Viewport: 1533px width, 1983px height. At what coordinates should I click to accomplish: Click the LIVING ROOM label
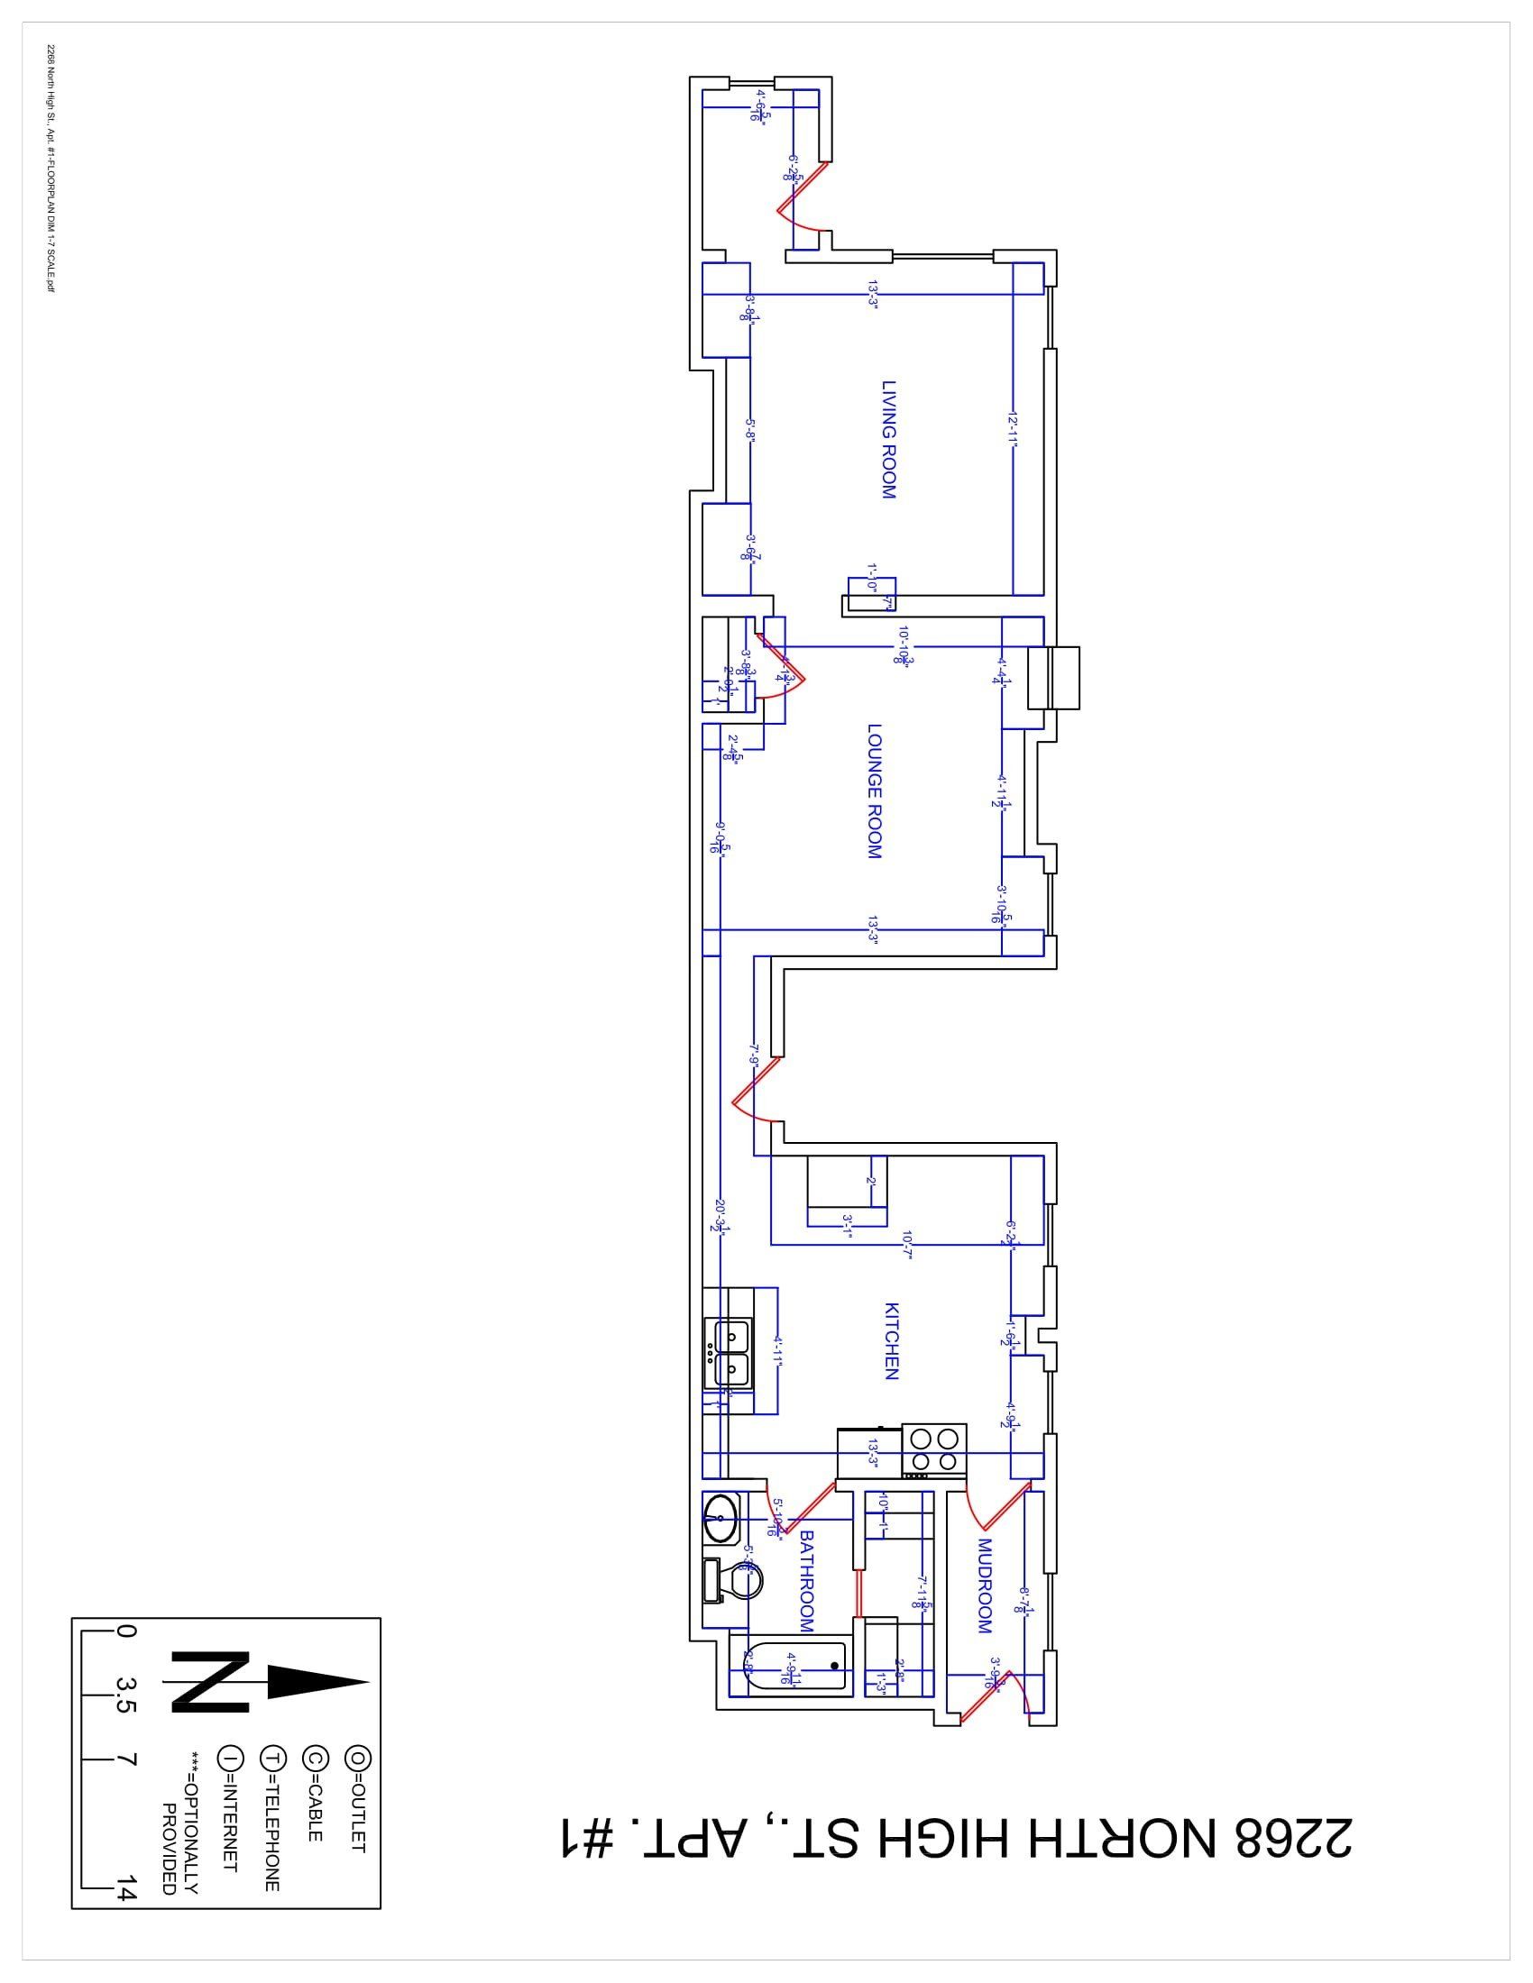coord(889,440)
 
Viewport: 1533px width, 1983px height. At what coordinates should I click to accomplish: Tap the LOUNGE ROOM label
coord(875,790)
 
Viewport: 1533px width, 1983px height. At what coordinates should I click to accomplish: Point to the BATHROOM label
coord(805,1582)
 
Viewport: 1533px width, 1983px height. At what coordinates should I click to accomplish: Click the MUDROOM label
coord(985,1585)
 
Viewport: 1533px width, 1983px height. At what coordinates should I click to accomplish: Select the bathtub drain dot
coord(834,1665)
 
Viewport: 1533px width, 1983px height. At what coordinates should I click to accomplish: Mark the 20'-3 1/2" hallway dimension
coord(720,1214)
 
